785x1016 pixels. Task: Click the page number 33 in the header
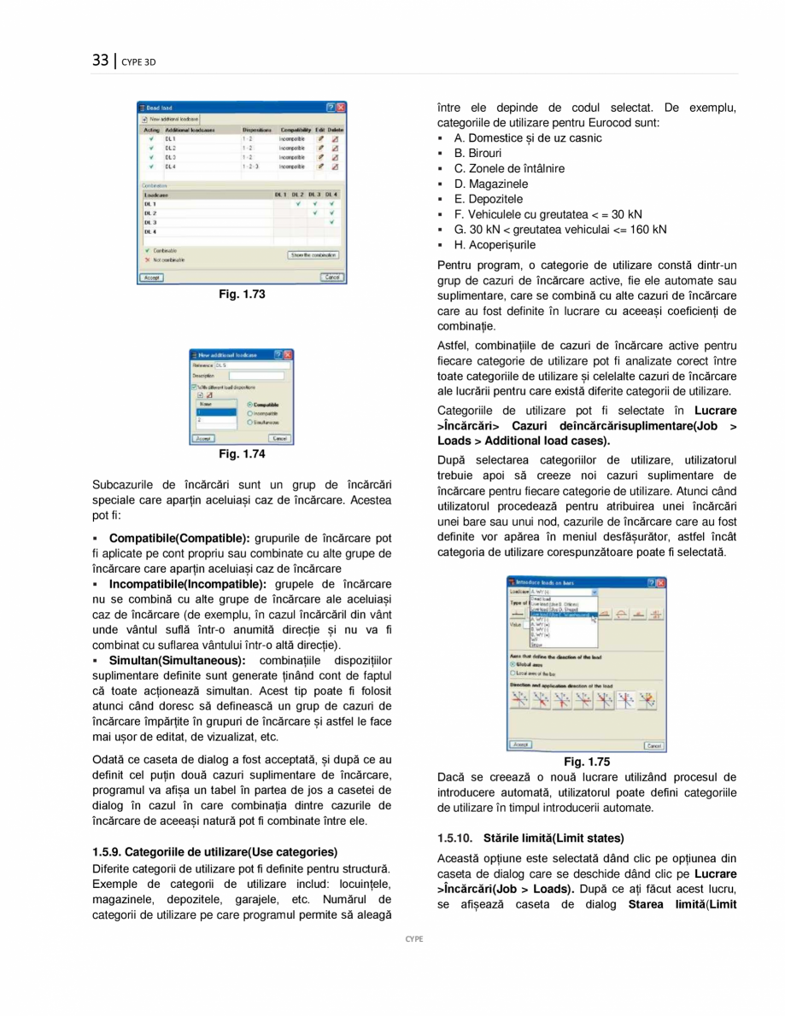(101, 60)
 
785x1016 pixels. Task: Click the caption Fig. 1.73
(243, 295)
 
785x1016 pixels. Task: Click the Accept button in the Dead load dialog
(151, 277)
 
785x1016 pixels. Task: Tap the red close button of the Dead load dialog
(340, 108)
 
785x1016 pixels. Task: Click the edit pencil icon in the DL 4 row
(320, 167)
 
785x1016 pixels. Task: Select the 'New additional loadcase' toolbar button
(170, 119)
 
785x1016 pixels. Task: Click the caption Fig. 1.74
(243, 454)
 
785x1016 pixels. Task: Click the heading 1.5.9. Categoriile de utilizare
(214, 851)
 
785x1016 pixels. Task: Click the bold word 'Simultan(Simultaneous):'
(177, 660)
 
